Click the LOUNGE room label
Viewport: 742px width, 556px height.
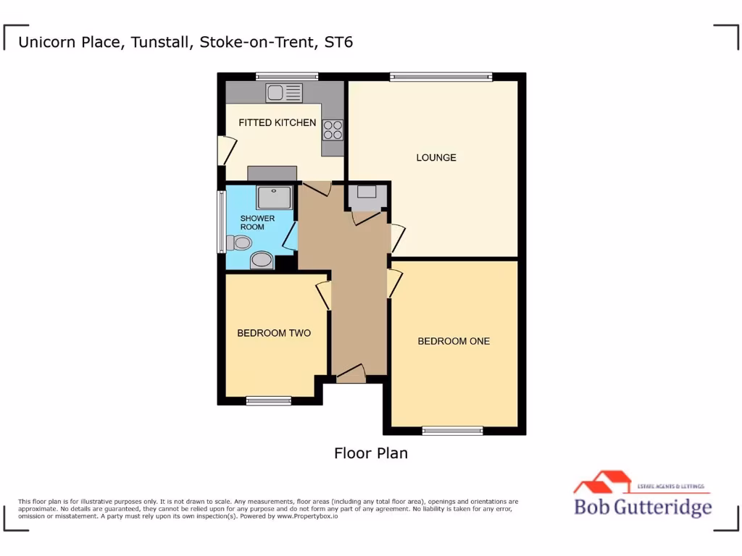pyautogui.click(x=435, y=157)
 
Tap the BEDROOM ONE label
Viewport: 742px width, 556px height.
pyautogui.click(x=454, y=341)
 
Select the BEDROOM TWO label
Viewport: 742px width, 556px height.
pyautogui.click(x=274, y=333)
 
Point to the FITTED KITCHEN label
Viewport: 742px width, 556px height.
pyautogui.click(x=278, y=122)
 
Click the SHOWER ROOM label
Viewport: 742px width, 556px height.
pyautogui.click(x=257, y=222)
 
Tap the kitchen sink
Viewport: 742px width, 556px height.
pyautogui.click(x=284, y=93)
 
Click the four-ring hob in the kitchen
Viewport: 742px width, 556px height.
pyautogui.click(x=333, y=130)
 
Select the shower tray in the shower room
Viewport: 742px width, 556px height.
pyautogui.click(x=274, y=197)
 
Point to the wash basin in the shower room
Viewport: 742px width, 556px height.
pyautogui.click(x=262, y=260)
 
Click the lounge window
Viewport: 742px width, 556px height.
pyautogui.click(x=441, y=76)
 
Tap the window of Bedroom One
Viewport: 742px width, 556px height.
pyautogui.click(x=452, y=431)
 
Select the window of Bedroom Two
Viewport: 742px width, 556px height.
pyautogui.click(x=268, y=401)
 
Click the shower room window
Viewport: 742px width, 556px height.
pyautogui.click(x=221, y=222)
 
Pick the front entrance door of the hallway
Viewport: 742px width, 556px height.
pyautogui.click(x=351, y=374)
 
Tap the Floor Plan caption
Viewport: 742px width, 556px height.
pyautogui.click(x=370, y=453)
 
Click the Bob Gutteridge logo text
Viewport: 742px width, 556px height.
pyautogui.click(x=643, y=506)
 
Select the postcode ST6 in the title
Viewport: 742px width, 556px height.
pyautogui.click(x=338, y=42)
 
